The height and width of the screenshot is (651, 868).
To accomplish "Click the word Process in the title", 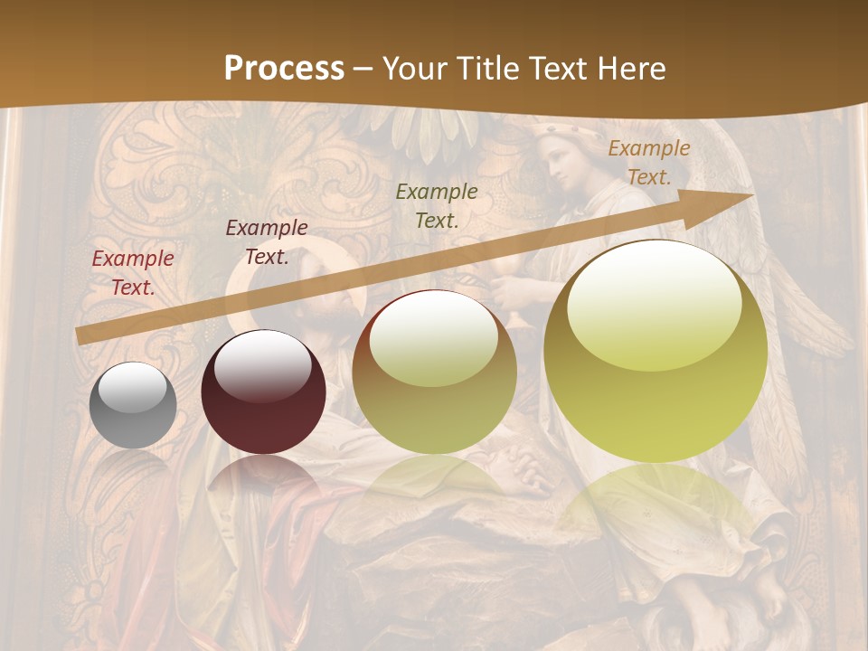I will [284, 68].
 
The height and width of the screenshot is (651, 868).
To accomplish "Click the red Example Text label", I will [133, 272].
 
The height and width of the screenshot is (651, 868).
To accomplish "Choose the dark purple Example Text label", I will [267, 241].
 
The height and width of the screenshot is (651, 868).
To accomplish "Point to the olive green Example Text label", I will [437, 205].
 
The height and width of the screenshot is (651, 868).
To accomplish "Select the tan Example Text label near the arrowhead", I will [648, 163].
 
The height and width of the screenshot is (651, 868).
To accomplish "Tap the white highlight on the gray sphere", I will [133, 389].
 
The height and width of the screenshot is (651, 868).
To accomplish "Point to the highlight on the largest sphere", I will [654, 303].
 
